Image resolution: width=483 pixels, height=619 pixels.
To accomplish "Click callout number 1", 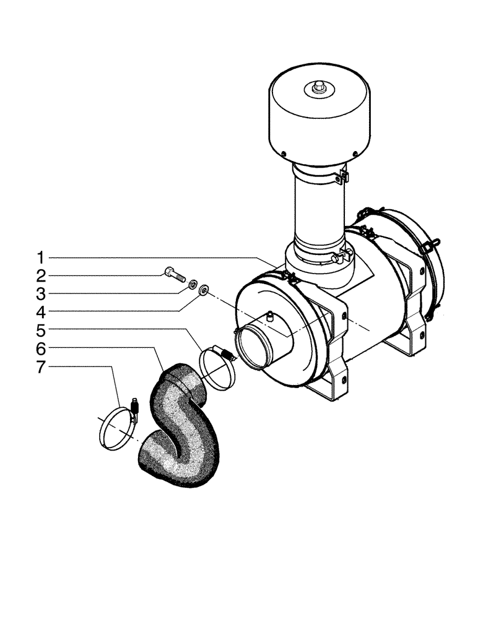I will pos(40,257).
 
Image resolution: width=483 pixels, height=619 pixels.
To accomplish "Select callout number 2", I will pos(40,275).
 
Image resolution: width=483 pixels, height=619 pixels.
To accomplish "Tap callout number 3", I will pos(40,293).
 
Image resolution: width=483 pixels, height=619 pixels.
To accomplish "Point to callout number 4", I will pos(40,311).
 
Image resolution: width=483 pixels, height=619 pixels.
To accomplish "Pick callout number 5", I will pos(40,329).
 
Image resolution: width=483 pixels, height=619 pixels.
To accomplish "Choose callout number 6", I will pos(40,348).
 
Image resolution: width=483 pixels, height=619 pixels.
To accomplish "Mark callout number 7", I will pos(40,367).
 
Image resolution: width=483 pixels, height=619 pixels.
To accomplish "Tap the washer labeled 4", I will pos(204,289).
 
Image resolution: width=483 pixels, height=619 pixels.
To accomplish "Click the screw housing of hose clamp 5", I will pos(227,355).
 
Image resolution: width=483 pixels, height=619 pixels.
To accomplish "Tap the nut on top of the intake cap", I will pos(318,87).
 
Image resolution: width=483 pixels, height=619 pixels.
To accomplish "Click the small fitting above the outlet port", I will pos(271,317).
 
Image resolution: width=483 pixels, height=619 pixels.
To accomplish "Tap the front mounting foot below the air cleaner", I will pos(331,390).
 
